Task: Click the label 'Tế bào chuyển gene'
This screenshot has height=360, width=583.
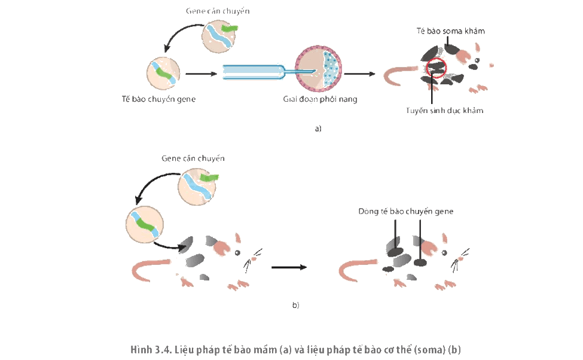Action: point(159,99)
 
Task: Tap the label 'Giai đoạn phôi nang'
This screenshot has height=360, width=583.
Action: point(320,99)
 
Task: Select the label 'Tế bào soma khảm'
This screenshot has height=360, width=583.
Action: point(451,31)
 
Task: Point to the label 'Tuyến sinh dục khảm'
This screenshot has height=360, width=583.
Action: point(445,111)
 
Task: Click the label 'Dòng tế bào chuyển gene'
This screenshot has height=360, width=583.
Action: point(405,211)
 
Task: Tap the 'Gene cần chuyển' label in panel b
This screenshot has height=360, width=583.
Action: point(193,158)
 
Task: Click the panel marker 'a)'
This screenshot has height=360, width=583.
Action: point(318,129)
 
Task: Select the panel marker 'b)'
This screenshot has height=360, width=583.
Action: point(295,306)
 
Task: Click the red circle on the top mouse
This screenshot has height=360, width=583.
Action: point(436,59)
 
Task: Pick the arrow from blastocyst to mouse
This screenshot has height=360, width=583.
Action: point(359,74)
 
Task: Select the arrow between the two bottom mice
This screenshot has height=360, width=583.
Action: point(289,267)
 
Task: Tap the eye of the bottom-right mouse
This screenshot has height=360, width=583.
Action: point(444,253)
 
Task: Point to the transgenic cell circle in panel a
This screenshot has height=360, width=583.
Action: point(163,74)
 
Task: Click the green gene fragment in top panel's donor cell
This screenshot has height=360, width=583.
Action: point(230,28)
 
